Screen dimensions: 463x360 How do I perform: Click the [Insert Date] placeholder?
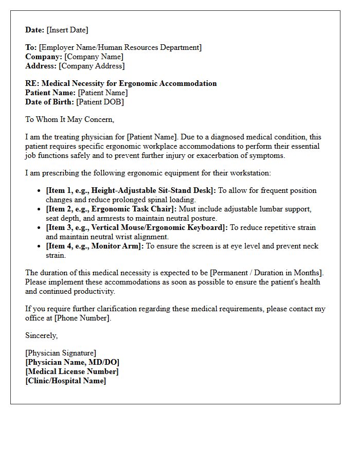pos(67,30)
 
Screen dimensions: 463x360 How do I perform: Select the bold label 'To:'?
pos(31,47)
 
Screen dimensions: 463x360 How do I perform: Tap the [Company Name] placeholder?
pos(94,57)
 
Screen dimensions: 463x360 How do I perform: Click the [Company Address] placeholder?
pos(92,66)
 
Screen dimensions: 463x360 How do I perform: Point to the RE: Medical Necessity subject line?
pos(121,83)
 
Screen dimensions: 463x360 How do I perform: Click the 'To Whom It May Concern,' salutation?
pos(69,119)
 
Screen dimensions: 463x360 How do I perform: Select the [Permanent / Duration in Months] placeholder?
pos(264,273)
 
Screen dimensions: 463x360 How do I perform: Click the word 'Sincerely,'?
pos(42,335)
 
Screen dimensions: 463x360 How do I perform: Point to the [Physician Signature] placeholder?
pos(61,353)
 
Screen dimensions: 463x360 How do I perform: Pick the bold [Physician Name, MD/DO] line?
pos(72,362)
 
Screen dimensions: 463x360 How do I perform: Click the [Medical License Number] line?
pos(72,371)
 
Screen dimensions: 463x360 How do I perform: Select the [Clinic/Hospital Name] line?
pos(66,381)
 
